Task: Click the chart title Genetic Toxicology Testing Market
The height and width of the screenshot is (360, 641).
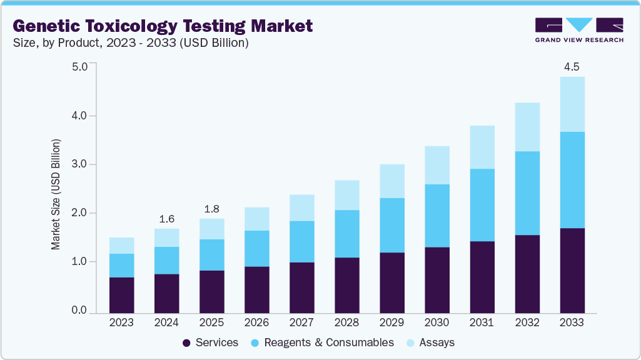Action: click(x=163, y=26)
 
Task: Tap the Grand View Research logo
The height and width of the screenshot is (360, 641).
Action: click(x=578, y=29)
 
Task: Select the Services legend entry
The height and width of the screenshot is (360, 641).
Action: click(x=210, y=342)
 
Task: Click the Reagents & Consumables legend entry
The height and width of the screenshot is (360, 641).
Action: click(x=323, y=342)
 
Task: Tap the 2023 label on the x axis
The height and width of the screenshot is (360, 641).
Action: click(x=121, y=322)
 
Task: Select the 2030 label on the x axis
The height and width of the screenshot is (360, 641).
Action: click(x=437, y=322)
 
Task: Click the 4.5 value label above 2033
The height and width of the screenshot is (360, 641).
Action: click(x=572, y=66)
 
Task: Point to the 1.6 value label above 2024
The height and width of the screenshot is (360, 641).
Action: click(x=166, y=218)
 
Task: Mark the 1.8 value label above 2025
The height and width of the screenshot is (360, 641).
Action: click(x=211, y=208)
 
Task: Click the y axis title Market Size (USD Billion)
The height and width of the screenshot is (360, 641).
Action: click(x=56, y=195)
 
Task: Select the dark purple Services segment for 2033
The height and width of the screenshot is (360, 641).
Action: click(x=572, y=271)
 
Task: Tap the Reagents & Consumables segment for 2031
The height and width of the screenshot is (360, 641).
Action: click(x=482, y=205)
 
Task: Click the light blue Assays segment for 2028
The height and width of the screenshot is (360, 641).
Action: click(x=346, y=195)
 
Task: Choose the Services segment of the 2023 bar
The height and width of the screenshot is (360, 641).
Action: click(x=121, y=295)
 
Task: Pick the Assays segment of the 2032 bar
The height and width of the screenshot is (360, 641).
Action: click(x=527, y=127)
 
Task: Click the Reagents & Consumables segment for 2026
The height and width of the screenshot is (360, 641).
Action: click(x=256, y=249)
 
